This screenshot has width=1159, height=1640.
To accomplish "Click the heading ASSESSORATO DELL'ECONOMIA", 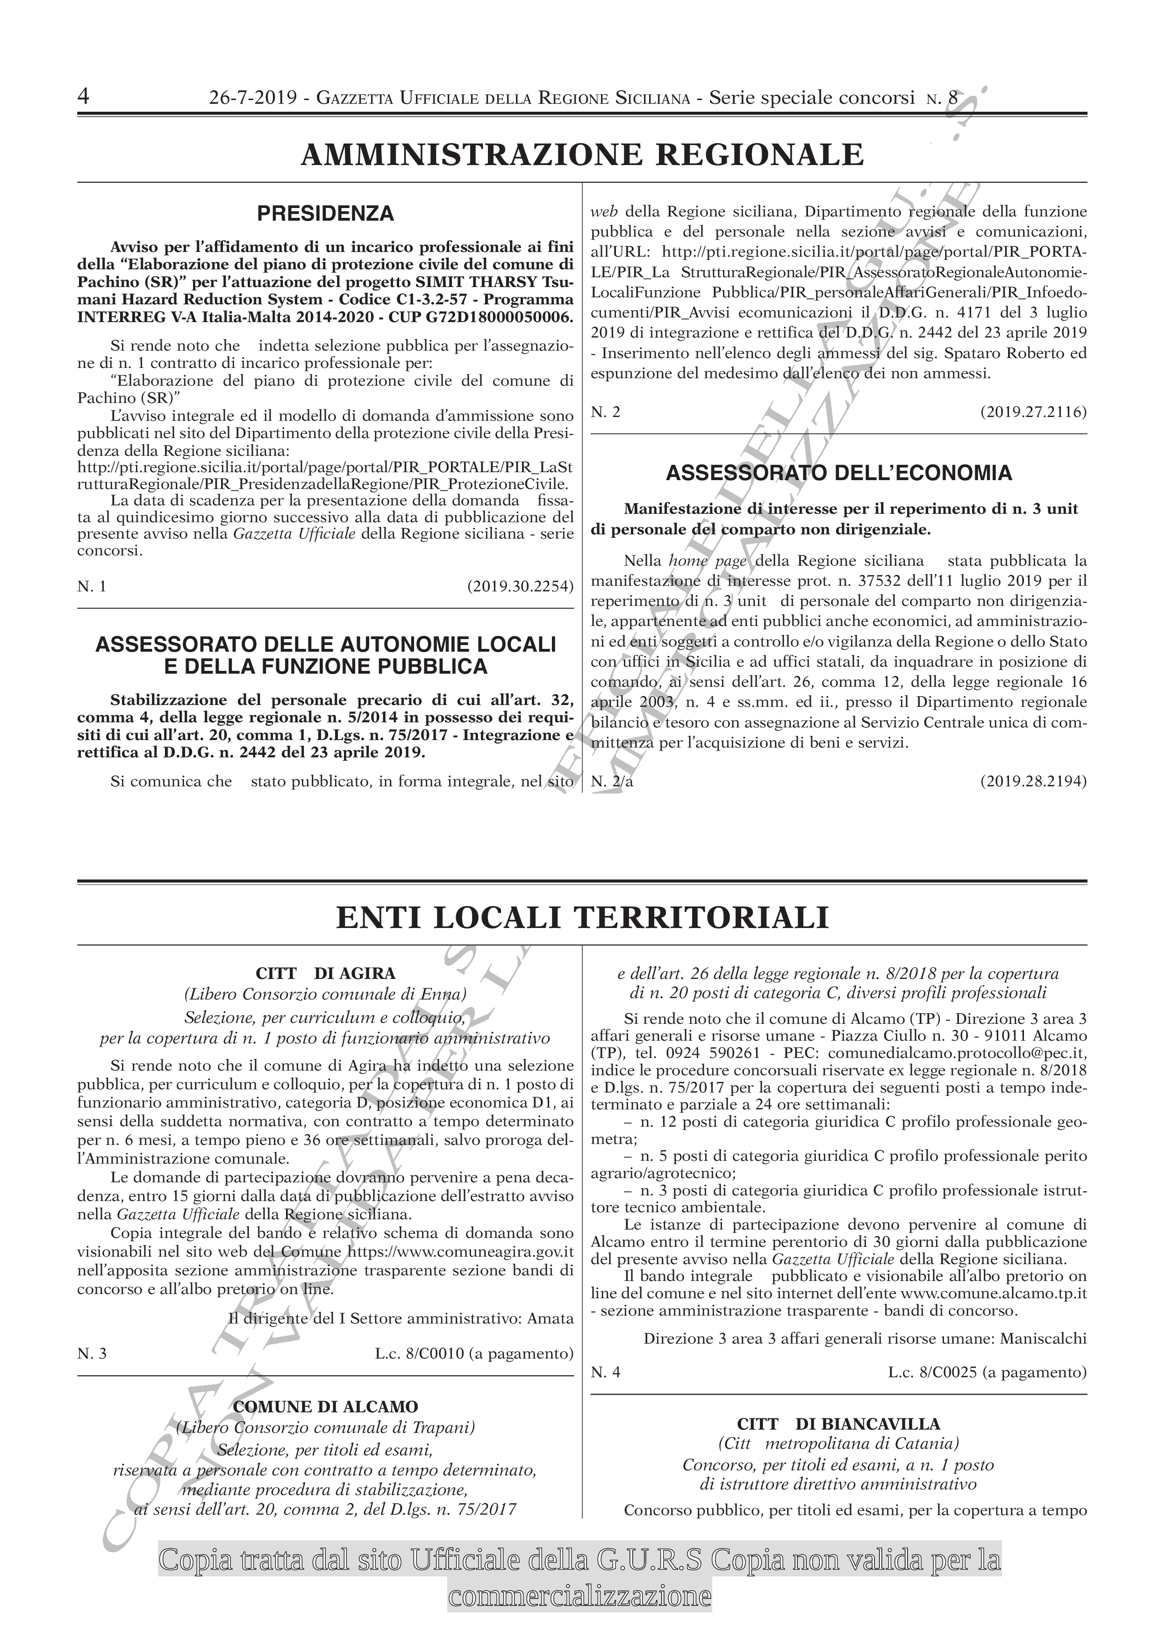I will tap(838, 473).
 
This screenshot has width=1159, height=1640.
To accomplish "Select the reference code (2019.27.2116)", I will tap(1033, 412).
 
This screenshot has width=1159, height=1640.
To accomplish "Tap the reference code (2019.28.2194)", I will tap(1033, 781).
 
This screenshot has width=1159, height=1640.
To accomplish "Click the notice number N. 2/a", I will tap(612, 781).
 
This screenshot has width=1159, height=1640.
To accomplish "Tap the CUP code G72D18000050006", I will tap(504, 316).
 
